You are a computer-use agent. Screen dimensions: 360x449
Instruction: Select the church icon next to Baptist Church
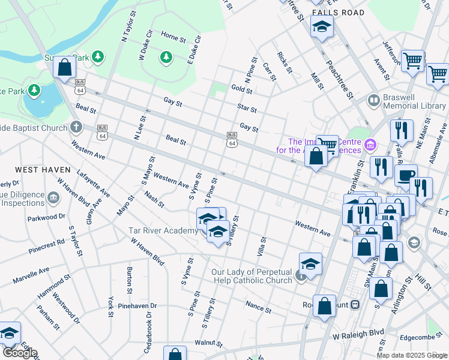[x=76, y=127]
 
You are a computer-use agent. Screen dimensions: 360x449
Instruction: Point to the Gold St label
[x=241, y=89]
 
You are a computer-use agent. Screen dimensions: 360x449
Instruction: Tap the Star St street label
[x=247, y=110]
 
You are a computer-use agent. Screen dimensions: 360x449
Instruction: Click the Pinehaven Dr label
[x=137, y=305]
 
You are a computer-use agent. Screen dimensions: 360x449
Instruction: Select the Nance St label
[x=259, y=307]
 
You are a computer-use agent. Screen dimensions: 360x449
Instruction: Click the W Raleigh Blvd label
[x=358, y=333]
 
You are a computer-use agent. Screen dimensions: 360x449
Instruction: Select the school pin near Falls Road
[x=322, y=27]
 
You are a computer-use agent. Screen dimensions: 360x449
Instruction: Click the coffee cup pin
[x=406, y=175]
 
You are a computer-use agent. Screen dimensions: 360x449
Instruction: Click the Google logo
[x=19, y=353]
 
